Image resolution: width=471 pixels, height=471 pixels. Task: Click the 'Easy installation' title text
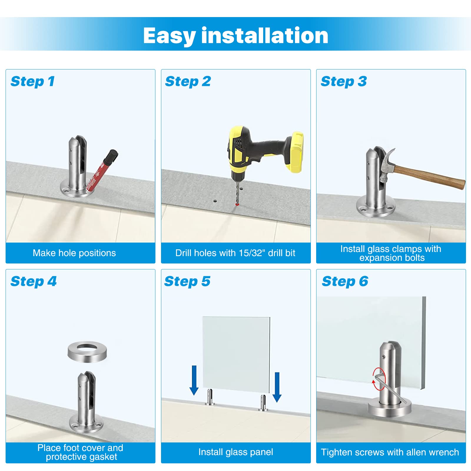point(235,36)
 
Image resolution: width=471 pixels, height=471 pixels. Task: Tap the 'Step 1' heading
point(33,82)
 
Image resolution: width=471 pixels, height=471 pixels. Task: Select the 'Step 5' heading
point(187,281)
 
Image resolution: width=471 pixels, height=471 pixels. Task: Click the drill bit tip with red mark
point(237,204)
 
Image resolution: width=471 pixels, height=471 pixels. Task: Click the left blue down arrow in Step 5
point(194,380)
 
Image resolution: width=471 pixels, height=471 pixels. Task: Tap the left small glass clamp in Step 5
point(210,397)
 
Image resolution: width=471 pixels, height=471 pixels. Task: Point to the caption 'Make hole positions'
point(74,253)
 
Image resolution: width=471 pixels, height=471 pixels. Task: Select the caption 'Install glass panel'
point(235,452)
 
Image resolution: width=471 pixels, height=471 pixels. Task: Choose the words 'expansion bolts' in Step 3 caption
point(392,258)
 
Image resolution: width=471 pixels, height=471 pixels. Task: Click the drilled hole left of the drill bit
point(215,201)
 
